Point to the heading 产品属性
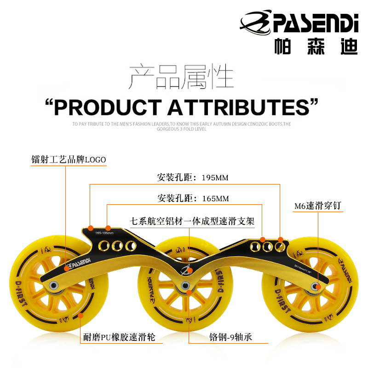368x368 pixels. [x=181, y=77]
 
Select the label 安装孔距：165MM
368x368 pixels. [x=192, y=199]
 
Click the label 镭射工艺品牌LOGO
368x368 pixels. [x=69, y=160]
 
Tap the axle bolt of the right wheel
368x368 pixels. [x=316, y=287]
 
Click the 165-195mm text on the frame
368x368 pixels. [x=104, y=233]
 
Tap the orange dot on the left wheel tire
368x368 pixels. [x=81, y=316]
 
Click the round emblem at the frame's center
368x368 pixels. [x=186, y=269]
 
